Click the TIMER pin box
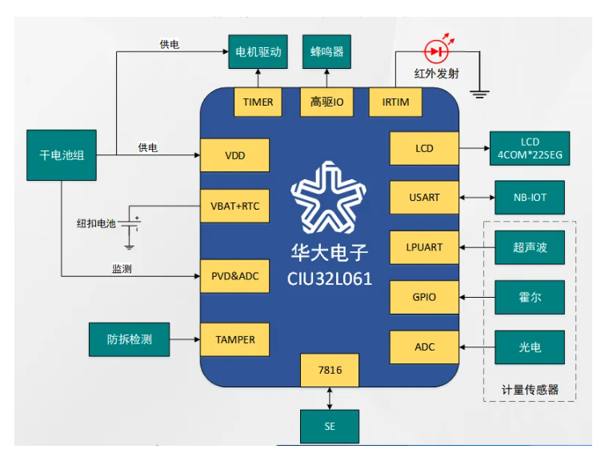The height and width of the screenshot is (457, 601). pyautogui.click(x=258, y=102)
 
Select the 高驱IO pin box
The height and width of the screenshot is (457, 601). pyautogui.click(x=327, y=102)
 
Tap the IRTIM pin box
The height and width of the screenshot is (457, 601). pyautogui.click(x=395, y=102)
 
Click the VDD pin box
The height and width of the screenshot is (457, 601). pyautogui.click(x=234, y=154)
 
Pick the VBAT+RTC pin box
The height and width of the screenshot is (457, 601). pyautogui.click(x=234, y=206)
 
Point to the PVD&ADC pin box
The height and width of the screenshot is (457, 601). pyautogui.click(x=234, y=276)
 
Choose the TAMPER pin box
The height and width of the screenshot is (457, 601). pyautogui.click(x=234, y=339)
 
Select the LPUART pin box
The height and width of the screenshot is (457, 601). pyautogui.click(x=424, y=247)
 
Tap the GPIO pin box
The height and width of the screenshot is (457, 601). pyautogui.click(x=424, y=297)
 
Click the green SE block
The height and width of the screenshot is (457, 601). pyautogui.click(x=329, y=426)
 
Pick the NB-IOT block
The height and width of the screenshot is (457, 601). pyautogui.click(x=530, y=197)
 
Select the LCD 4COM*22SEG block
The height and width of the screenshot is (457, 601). pyautogui.click(x=530, y=148)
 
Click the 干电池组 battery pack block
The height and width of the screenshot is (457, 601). pyautogui.click(x=62, y=154)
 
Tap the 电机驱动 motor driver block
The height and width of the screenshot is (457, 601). pyautogui.click(x=258, y=51)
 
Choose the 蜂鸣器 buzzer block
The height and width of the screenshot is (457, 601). pyautogui.click(x=327, y=51)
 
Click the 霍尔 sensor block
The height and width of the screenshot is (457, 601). pyautogui.click(x=530, y=297)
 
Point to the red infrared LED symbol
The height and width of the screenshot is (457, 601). pyautogui.click(x=437, y=51)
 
